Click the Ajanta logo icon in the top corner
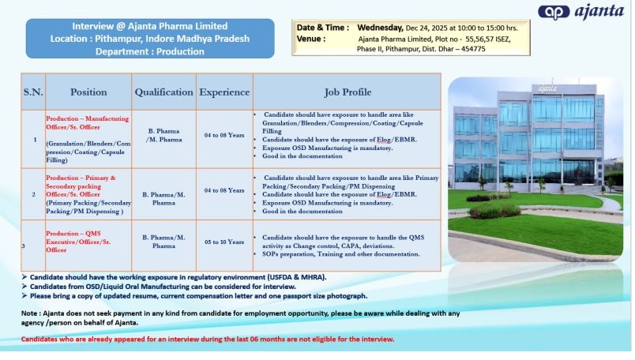pos(554,13)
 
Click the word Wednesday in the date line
pos(380,28)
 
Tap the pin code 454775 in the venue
pos(473,49)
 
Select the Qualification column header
pos(163,92)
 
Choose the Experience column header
pos(224,92)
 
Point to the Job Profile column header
pos(348,92)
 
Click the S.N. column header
pos(33,92)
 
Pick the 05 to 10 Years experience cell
pos(224,242)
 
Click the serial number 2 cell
pos(34,194)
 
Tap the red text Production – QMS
pos(73,234)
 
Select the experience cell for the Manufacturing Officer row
pos(224,135)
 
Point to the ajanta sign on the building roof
pos(547,88)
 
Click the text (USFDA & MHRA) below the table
pos(296,277)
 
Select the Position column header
pos(88,92)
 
